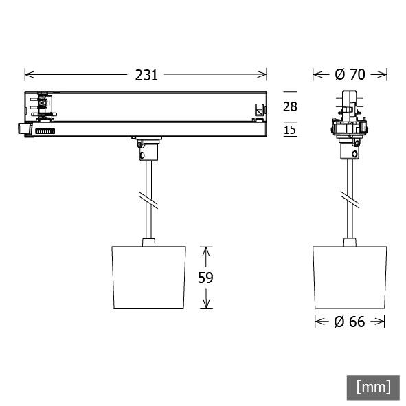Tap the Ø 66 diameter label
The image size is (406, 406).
tap(350, 322)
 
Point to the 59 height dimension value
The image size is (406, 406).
tap(205, 278)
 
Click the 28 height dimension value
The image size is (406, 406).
tap(290, 106)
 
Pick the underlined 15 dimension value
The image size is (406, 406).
tap(290, 130)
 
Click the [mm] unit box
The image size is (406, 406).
tap(373, 387)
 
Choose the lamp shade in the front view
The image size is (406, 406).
tap(350, 275)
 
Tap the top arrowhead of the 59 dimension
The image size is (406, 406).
tap(205, 249)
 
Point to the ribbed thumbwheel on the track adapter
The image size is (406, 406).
tap(45, 131)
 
